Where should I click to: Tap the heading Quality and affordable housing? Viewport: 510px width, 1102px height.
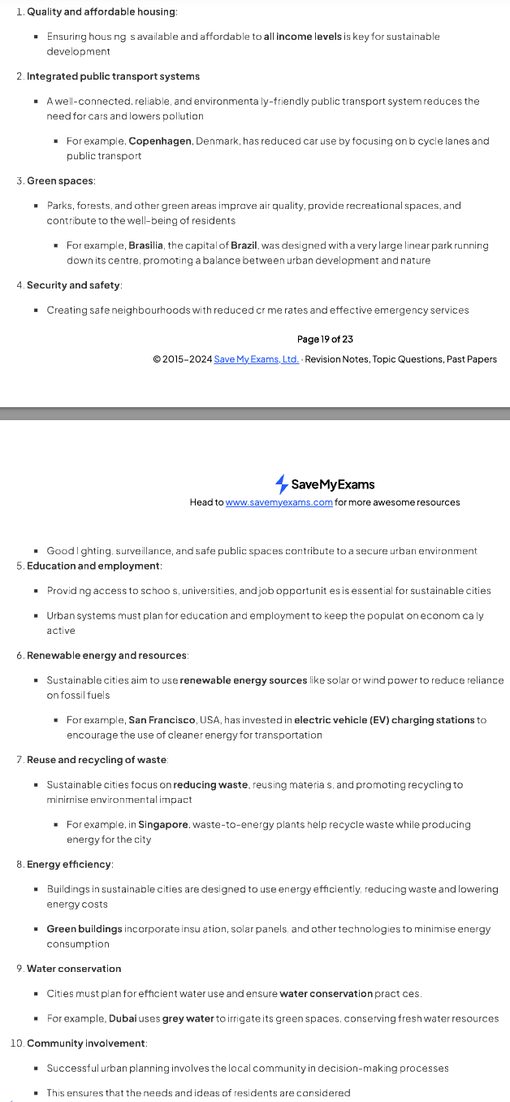102,11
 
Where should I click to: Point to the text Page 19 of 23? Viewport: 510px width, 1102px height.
325,339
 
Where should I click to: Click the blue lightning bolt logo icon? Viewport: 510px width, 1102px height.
282,484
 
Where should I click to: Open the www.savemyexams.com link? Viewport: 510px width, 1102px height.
279,502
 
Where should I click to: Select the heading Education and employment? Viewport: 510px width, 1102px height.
93,566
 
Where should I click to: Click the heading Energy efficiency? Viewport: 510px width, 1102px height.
69,864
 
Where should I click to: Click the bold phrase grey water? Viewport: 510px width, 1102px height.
188,1018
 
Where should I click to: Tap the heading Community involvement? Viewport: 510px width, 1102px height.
86,1043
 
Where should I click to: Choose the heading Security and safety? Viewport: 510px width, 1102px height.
73,285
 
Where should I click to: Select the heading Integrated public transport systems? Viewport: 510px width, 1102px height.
113,76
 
